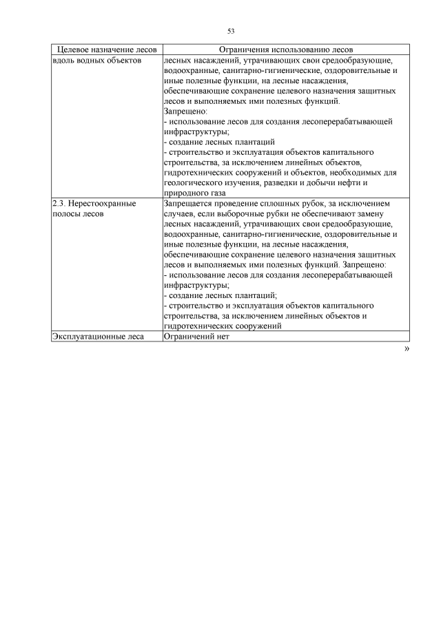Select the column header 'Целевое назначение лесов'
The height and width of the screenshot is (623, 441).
(106, 50)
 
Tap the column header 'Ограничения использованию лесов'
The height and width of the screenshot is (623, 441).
(285, 50)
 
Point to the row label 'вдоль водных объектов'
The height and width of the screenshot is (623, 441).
(96, 61)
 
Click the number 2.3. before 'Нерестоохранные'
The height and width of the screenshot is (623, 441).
(60, 204)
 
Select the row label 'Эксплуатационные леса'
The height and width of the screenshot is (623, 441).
(97, 337)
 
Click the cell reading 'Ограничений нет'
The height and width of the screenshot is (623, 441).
(195, 337)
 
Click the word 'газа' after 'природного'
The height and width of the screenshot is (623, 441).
(215, 193)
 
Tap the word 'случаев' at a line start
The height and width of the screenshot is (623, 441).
(180, 214)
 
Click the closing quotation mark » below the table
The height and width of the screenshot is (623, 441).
(406, 349)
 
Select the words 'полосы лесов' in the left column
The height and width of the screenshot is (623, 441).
(78, 214)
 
